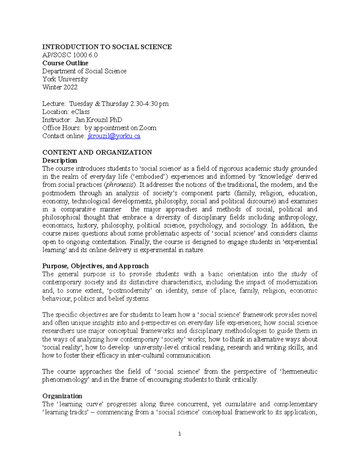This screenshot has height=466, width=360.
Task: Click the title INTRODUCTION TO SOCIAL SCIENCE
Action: [107, 47]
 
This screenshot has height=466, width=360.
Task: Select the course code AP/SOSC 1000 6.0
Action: [70, 55]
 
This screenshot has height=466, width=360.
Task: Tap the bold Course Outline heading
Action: [65, 63]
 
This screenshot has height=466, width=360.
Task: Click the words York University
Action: [65, 79]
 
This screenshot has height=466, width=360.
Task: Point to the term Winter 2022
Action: [60, 87]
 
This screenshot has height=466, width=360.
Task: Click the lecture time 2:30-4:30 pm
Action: [149, 104]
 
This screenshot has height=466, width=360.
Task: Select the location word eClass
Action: [80, 112]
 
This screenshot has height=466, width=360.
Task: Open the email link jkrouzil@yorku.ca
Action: [114, 136]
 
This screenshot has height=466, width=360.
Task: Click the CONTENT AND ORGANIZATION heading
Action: [97, 152]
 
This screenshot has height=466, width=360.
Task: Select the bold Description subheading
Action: [60, 161]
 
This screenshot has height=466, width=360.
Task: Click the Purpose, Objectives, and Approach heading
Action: [95, 266]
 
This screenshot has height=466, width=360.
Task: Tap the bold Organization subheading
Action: [62, 396]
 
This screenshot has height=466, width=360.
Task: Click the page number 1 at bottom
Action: [180, 434]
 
